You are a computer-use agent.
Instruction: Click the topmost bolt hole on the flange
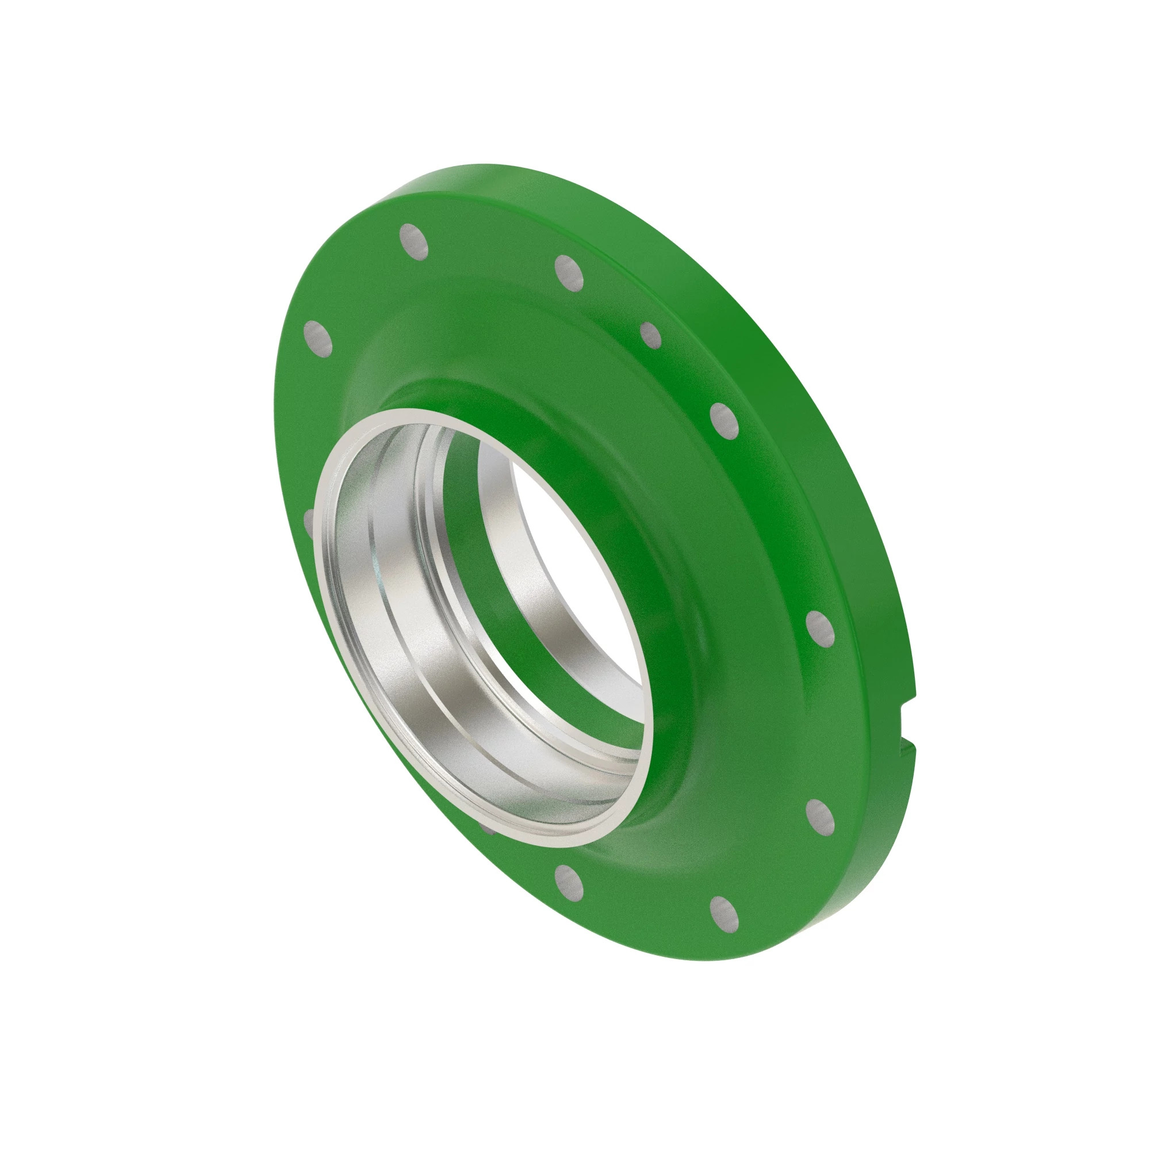(x=413, y=241)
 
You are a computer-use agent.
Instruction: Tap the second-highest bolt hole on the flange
(x=569, y=273)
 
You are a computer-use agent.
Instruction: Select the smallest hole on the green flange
(x=650, y=336)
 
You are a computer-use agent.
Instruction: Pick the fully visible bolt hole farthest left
(x=318, y=339)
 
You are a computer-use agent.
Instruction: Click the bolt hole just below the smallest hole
(x=724, y=420)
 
